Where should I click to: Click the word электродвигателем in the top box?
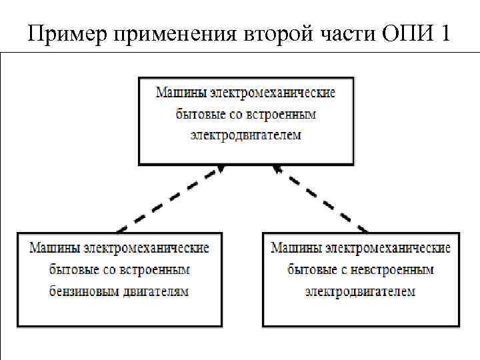coord(246,135)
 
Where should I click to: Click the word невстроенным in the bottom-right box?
coord(396,270)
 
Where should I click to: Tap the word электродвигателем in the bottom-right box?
coord(361,291)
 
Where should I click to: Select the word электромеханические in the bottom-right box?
coord(388,248)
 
